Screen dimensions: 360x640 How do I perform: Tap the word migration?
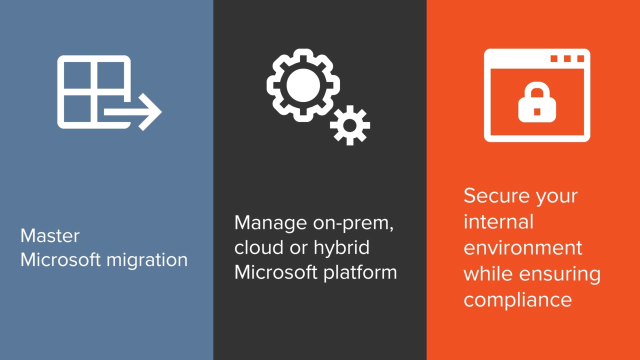pos(147,262)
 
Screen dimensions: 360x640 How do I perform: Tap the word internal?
pos(497,222)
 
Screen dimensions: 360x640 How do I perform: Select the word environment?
pos(523,248)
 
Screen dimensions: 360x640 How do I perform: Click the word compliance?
pos(517,300)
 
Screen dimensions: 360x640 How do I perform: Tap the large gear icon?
pos(297,85)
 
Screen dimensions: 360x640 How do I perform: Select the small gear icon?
pos(349,125)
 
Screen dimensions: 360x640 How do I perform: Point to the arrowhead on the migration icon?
pos(150,113)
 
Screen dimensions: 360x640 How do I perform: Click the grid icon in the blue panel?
pos(92,90)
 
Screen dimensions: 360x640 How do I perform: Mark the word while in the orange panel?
pos(486,274)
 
